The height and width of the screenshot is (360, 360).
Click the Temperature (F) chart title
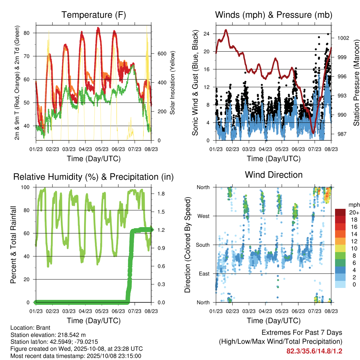[x=93, y=15]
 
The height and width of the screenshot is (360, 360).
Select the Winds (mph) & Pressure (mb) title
[x=274, y=15]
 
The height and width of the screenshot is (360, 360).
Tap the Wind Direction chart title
[x=274, y=174]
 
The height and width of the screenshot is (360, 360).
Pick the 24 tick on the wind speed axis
[x=206, y=34]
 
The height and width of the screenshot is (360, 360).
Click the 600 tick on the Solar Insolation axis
[x=161, y=53]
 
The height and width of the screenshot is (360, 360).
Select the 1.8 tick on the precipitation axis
[x=161, y=194]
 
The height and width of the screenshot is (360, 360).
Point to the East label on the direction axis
[x=203, y=274]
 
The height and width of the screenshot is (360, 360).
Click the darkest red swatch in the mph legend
[x=340, y=212]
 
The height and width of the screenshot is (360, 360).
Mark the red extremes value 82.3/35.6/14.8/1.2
[x=314, y=351]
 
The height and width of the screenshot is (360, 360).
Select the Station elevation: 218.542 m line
[x=48, y=335]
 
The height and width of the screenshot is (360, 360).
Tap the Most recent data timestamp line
[x=76, y=356]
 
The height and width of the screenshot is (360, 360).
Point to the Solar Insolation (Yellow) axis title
[x=173, y=83]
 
